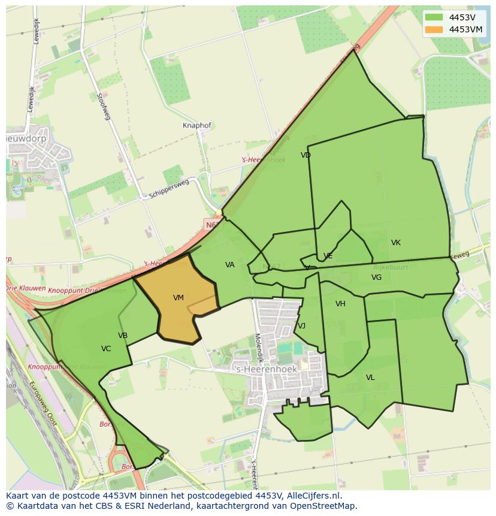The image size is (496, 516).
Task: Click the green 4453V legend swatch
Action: point(434,17)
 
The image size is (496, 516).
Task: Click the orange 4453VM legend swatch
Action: point(434,29)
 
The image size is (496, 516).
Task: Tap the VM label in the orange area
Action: point(179,298)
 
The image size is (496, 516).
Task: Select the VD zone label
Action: point(306,155)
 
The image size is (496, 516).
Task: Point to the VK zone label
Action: point(396,243)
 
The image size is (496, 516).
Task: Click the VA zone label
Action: point(230,265)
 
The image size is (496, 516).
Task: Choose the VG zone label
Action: point(376,277)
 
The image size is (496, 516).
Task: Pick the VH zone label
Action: point(340,304)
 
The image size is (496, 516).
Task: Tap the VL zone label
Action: point(370,378)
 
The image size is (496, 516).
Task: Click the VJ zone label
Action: point(301,326)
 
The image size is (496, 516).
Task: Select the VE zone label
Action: point(328,256)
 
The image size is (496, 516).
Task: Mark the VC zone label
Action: point(106,349)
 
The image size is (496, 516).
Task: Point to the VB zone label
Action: point(123,336)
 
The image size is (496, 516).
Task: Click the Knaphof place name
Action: point(197,126)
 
